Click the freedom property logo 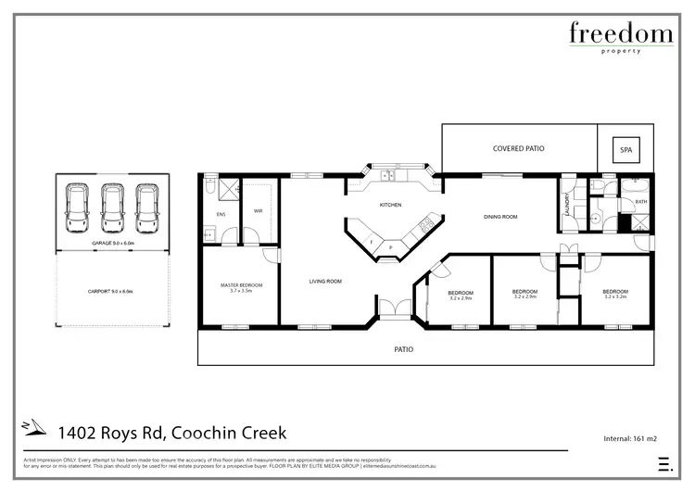point(620,39)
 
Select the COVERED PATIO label point(517,148)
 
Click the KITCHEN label point(390,205)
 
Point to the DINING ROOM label point(500,217)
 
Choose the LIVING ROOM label point(325,281)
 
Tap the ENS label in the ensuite point(221,215)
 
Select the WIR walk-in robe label point(259,211)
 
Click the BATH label point(641,201)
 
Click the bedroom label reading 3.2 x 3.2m point(615,294)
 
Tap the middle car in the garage point(112,209)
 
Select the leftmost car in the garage point(78,209)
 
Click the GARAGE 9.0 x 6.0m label point(112,244)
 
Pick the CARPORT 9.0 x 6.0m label point(110,291)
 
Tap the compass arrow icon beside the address point(35,429)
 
